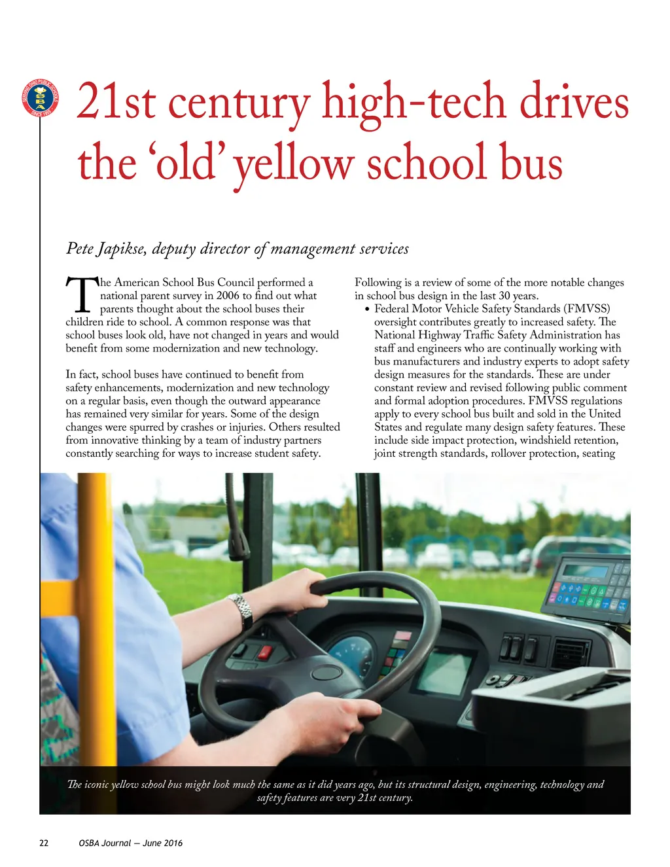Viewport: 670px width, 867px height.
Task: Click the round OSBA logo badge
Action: click(40, 98)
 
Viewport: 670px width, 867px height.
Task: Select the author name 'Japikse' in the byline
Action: click(122, 249)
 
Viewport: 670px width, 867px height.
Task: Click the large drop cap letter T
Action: click(80, 295)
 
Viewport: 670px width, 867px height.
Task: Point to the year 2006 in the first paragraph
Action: click(228, 296)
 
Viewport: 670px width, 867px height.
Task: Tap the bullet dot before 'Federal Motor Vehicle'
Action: click(368, 310)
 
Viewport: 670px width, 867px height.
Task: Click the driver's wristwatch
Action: click(241, 610)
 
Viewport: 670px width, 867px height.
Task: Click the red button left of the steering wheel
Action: click(265, 652)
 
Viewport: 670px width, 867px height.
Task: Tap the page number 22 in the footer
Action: click(44, 843)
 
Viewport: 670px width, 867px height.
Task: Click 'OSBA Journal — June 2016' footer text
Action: click(130, 843)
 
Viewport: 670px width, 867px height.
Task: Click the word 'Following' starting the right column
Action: click(378, 283)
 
